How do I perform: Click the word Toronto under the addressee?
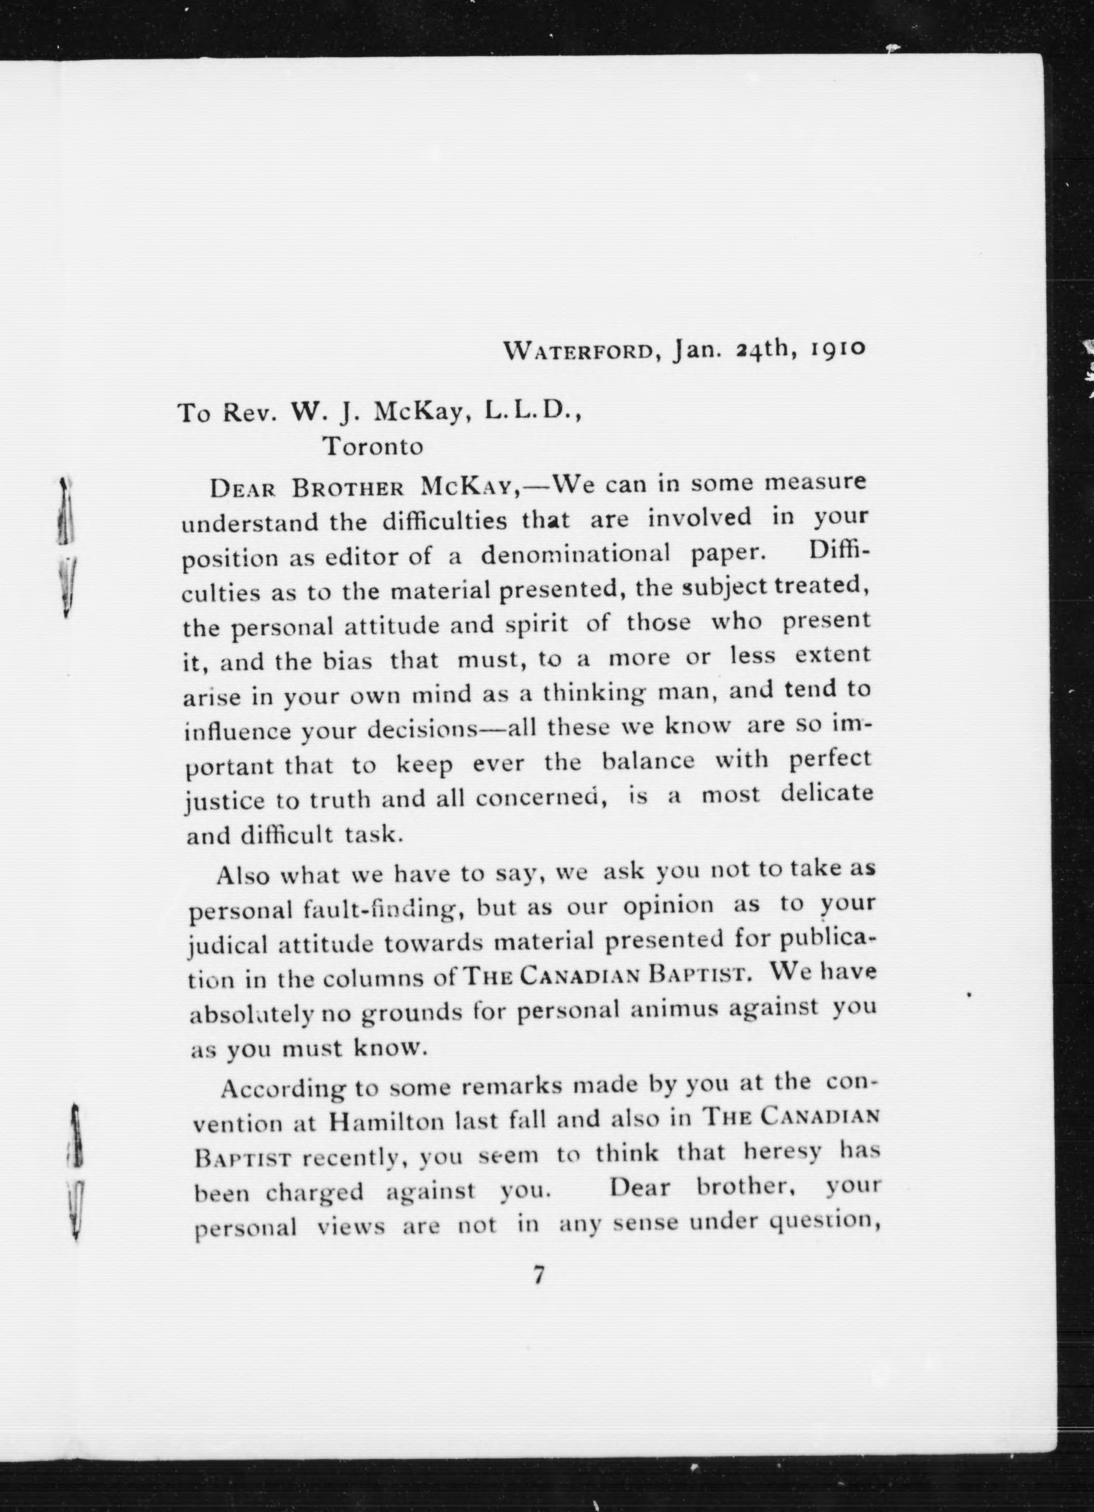373,446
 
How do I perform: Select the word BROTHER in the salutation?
348,489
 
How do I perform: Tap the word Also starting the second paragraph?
242,875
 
